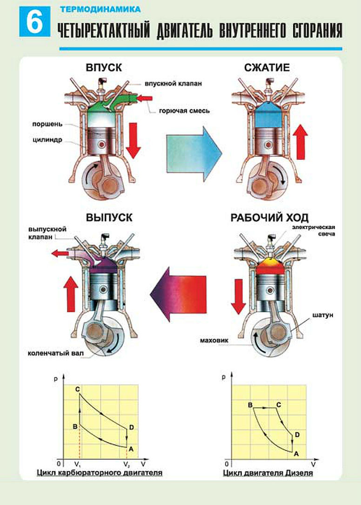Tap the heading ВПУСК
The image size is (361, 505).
104,67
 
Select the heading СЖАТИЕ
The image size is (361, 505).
267,67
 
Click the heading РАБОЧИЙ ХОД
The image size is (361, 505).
270,217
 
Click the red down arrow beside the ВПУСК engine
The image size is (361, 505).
133,139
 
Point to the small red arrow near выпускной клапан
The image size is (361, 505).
59,254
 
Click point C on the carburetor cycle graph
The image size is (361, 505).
77,389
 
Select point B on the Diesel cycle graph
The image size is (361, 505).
250,405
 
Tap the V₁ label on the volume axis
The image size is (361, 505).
78,464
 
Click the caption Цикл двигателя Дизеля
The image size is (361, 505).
268,473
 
